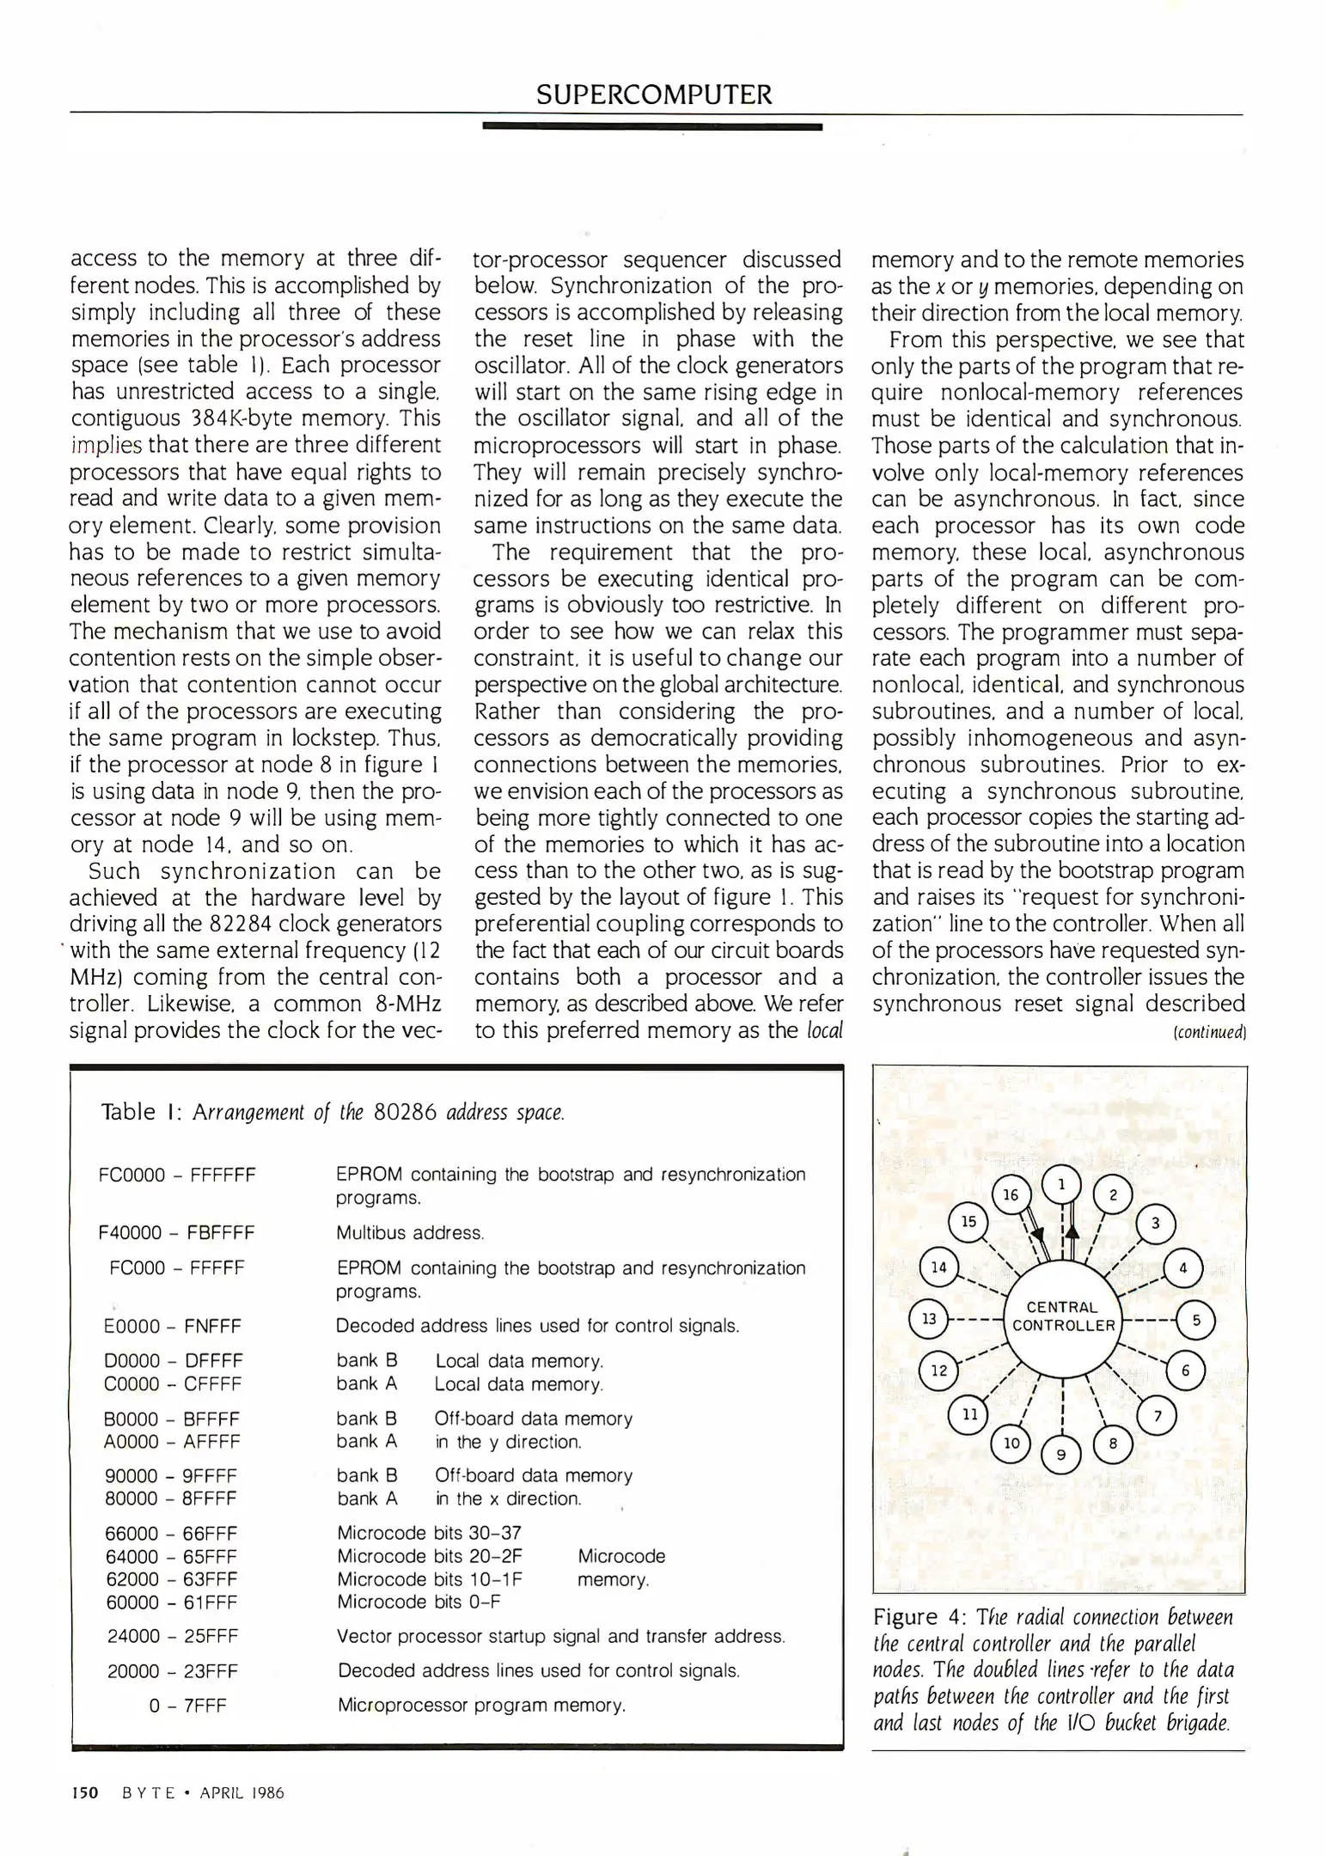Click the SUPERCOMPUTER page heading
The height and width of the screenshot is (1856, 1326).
point(653,94)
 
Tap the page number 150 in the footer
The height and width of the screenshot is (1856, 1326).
point(85,1792)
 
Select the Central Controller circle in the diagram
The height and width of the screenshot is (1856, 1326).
point(1063,1317)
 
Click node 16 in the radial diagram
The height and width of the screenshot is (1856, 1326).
point(1011,1195)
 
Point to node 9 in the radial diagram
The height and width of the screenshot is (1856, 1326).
point(1061,1455)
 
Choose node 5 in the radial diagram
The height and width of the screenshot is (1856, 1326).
point(1196,1319)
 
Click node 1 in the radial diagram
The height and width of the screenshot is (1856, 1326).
point(1062,1185)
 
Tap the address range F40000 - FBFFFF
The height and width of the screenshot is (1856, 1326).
point(177,1233)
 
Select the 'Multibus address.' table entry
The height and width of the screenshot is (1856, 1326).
point(410,1233)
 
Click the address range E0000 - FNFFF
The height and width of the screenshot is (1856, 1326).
point(173,1326)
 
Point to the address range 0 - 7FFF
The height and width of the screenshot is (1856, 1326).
point(187,1706)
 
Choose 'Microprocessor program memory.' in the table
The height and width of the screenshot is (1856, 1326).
point(481,1706)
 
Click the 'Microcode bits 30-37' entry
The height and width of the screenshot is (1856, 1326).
point(429,1533)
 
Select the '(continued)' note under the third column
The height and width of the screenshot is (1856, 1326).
point(1209,1032)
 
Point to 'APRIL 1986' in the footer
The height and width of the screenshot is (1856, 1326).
point(241,1792)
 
